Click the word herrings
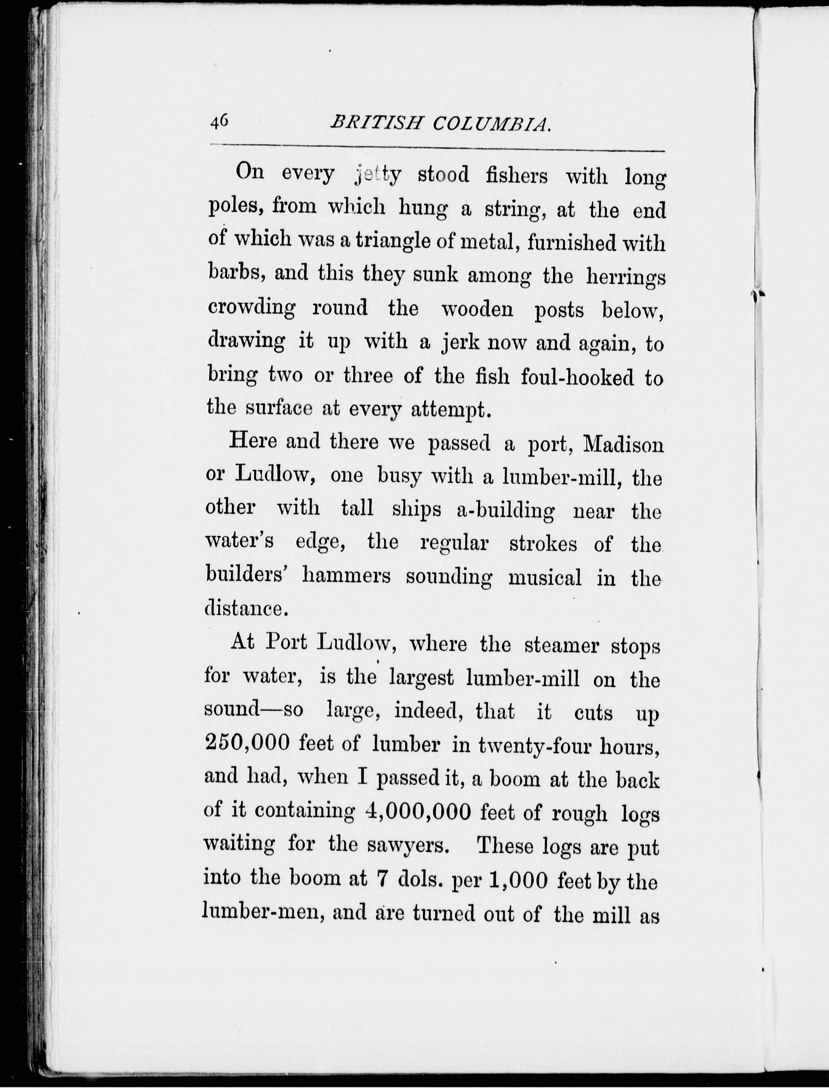626,277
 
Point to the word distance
246,609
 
